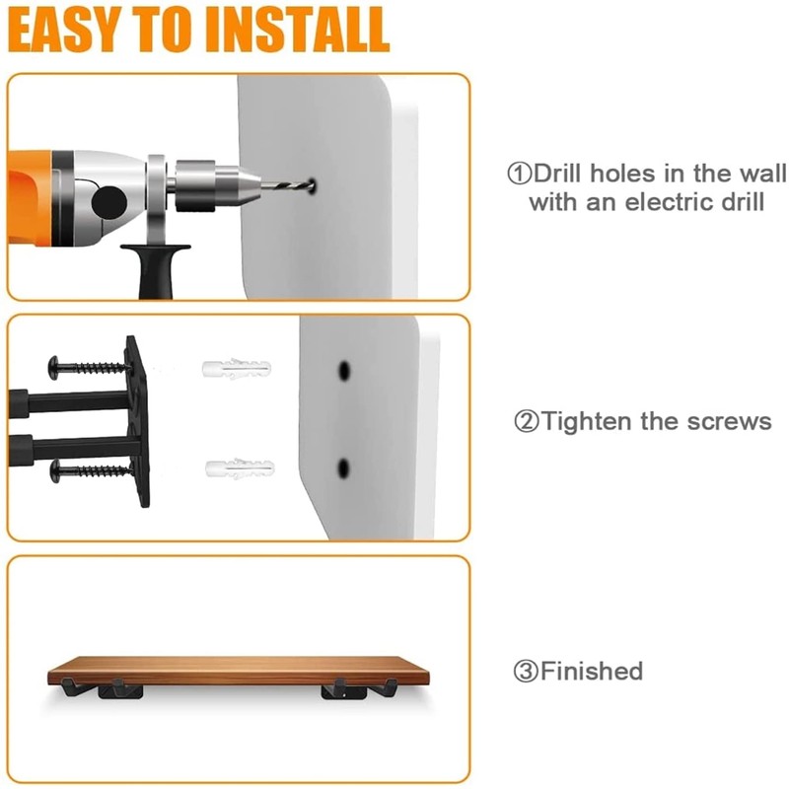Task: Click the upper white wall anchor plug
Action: [236, 372]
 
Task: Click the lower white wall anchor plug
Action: [236, 466]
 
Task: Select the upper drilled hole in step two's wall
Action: [343, 370]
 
